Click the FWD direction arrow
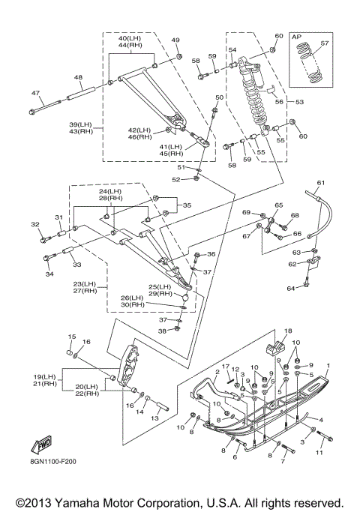coord(41,445)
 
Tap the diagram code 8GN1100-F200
coord(52,462)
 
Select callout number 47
coord(35,93)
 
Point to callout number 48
coord(79,77)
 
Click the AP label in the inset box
coord(296,37)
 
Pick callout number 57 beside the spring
coord(325,43)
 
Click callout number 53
coord(299,102)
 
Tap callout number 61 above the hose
coord(321,182)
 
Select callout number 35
coord(187,205)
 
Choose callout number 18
coord(288,331)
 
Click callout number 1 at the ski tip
coord(328,366)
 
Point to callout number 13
coord(154,418)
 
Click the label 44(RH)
coord(130,45)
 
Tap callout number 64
coord(291,289)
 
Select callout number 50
coord(220,97)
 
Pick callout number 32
coord(35,224)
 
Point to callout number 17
coord(226,367)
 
